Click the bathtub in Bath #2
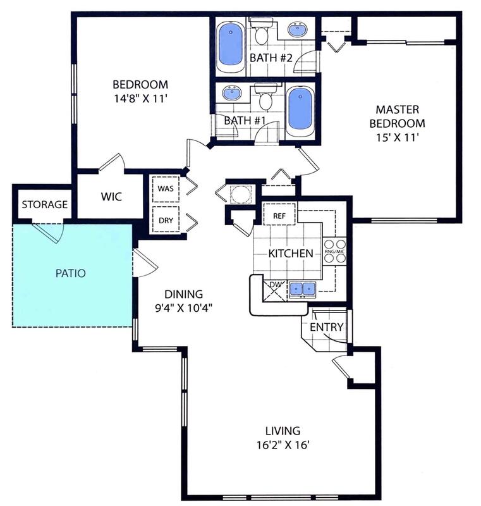click(230, 47)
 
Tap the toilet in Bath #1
click(266, 96)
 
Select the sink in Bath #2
click(297, 30)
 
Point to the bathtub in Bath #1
click(300, 111)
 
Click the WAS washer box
click(166, 188)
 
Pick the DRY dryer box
click(166, 219)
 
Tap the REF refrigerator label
click(279, 216)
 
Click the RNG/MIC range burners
click(334, 251)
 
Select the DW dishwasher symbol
click(274, 291)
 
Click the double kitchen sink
click(302, 288)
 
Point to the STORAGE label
click(45, 204)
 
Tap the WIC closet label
click(111, 197)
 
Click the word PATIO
click(71, 273)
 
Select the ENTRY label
click(326, 327)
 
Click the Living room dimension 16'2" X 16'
click(283, 445)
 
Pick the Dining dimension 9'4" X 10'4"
click(183, 309)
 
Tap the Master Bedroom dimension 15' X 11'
click(397, 138)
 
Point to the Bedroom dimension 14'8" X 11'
click(140, 98)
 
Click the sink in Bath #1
click(231, 93)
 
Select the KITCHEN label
click(291, 254)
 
